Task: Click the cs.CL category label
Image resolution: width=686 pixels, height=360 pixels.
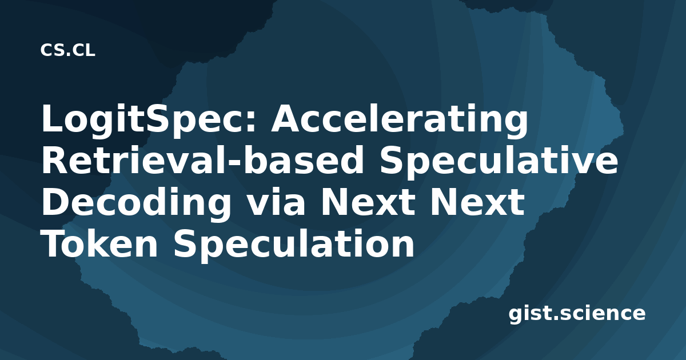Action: [x=67, y=50]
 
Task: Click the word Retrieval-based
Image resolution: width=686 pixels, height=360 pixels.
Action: [x=202, y=160]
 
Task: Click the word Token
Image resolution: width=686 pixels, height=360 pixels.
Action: [x=99, y=243]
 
